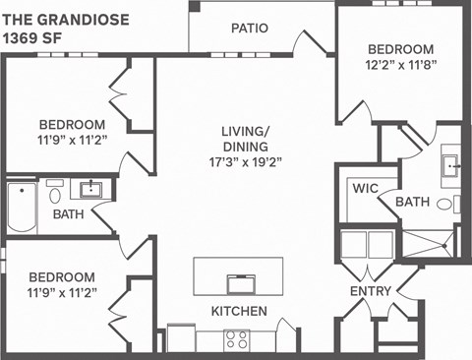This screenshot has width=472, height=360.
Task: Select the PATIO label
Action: pos(250,29)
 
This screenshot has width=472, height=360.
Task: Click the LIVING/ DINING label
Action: pos(246,139)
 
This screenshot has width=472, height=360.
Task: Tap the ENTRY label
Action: pos(371,292)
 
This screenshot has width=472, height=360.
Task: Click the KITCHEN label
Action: pos(239,311)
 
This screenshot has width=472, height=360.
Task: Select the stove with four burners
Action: pos(237,339)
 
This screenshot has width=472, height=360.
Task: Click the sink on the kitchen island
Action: pos(241,284)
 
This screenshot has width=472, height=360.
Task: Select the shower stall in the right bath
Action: pos(432,242)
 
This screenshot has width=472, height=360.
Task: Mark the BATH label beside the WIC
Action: pos(412,203)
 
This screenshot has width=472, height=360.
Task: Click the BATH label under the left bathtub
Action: pos(68,214)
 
